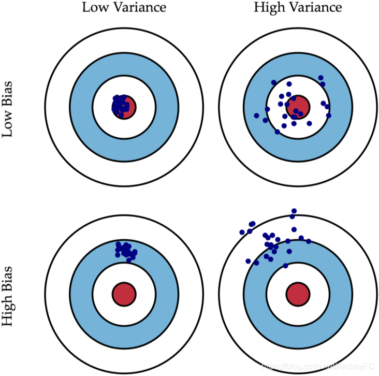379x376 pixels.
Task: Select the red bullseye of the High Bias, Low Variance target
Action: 124,293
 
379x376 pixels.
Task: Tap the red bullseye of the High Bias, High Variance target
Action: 298,293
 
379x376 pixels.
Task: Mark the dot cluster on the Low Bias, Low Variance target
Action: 120,105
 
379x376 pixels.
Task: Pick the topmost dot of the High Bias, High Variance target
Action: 294,211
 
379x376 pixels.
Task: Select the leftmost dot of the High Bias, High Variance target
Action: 242,232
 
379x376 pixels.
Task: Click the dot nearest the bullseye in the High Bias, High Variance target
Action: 285,266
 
